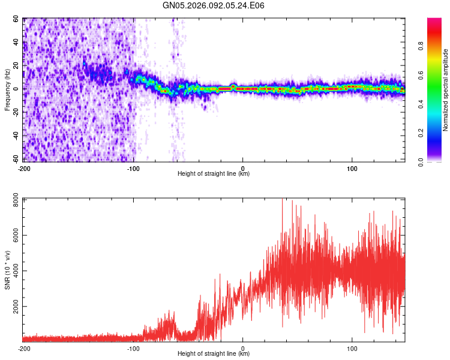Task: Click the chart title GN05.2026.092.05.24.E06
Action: (214, 5)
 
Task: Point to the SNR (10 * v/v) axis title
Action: (7, 269)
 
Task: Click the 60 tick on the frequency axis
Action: (16, 19)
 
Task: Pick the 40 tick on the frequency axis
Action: (16, 43)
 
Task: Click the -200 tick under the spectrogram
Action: (24, 169)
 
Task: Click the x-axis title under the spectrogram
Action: (214, 174)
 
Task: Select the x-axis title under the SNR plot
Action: (214, 354)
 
